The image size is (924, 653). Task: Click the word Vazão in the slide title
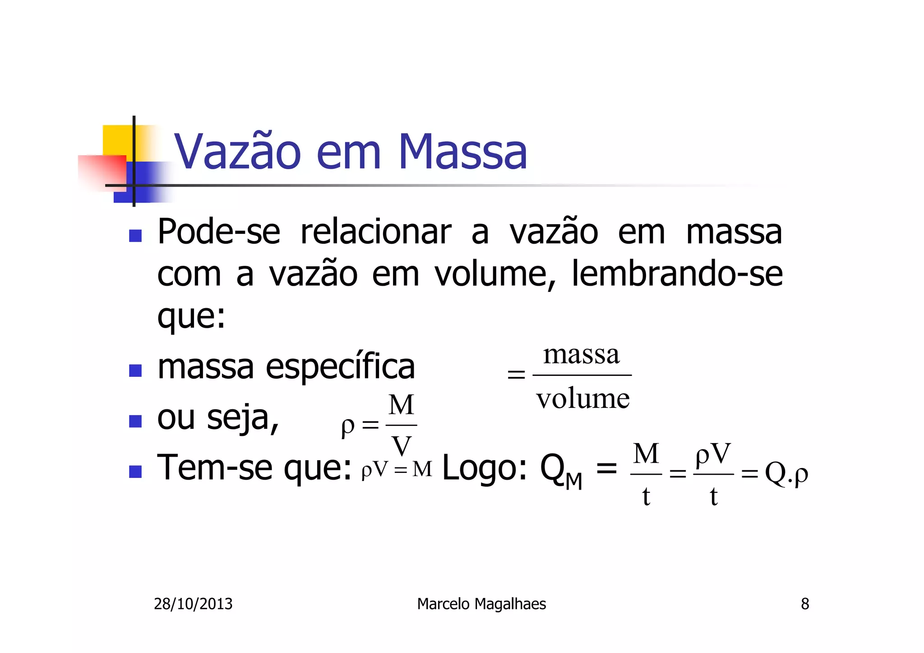(x=237, y=152)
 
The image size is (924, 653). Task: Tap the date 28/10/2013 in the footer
(x=193, y=604)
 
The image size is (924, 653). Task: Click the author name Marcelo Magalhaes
(x=481, y=604)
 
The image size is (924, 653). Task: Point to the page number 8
(x=805, y=604)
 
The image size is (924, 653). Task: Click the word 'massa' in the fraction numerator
(x=581, y=355)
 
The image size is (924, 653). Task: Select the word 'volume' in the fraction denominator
(x=582, y=399)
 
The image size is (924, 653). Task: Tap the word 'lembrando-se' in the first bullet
(x=677, y=274)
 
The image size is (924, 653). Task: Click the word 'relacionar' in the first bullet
(x=376, y=232)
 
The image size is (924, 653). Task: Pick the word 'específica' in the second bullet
(x=340, y=366)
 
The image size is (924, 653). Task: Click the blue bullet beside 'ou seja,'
(x=135, y=421)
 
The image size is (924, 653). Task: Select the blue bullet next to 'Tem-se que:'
(x=135, y=472)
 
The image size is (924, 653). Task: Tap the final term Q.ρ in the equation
(x=786, y=474)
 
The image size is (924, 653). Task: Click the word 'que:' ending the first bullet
(x=191, y=317)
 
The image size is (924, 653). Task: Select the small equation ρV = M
(x=397, y=470)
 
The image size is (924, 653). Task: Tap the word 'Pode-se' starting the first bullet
(x=219, y=232)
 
